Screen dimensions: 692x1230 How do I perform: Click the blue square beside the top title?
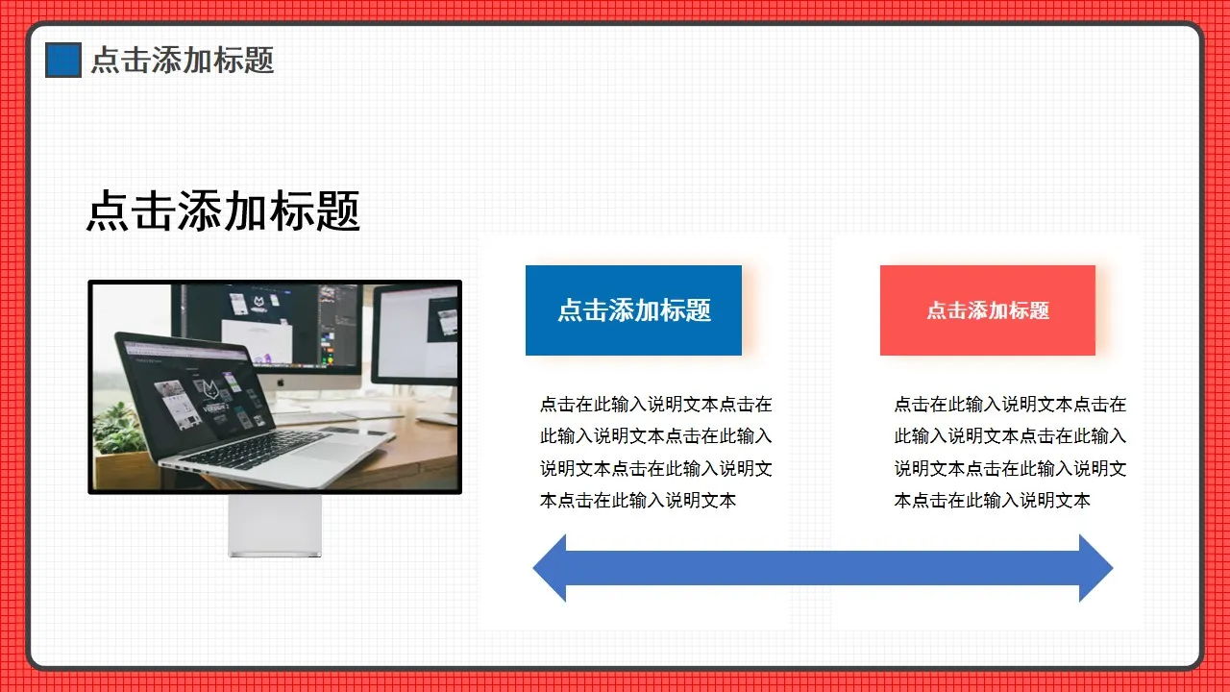(63, 60)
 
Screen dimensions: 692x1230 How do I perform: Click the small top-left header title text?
(183, 60)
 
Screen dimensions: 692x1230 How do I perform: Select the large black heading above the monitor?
(223, 210)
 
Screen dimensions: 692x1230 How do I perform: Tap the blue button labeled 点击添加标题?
(633, 309)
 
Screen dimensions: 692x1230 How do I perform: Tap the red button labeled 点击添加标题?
(987, 309)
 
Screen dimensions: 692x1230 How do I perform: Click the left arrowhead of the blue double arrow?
(552, 568)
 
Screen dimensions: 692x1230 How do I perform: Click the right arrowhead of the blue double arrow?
(1095, 568)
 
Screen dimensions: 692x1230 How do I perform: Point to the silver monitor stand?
(275, 525)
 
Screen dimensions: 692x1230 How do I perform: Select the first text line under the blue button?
(655, 405)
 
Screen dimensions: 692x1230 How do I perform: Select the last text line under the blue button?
(638, 500)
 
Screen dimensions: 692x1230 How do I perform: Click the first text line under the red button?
(1010, 405)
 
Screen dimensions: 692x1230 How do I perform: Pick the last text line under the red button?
(993, 500)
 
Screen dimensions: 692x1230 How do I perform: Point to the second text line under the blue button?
(655, 436)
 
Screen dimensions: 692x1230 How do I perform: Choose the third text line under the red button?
(1010, 468)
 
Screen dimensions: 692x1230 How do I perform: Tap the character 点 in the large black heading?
(108, 210)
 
